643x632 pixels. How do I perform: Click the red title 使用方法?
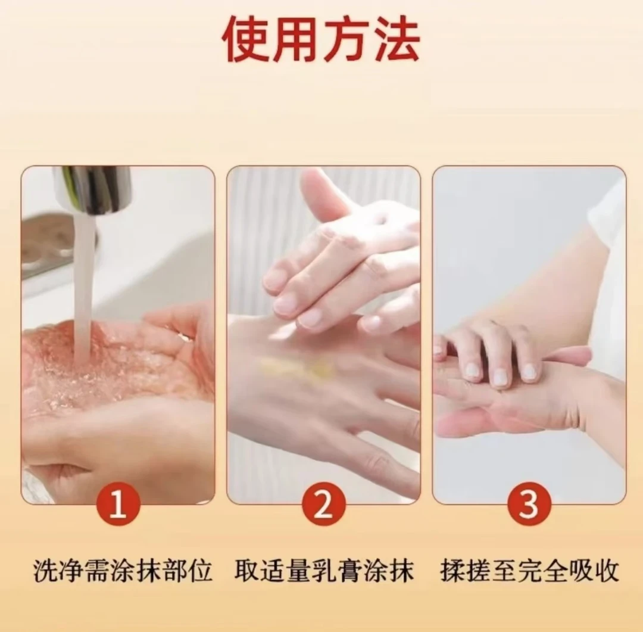pos(321,40)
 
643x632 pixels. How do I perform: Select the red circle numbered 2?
pos(323,505)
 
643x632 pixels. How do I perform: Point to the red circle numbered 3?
pos(528,505)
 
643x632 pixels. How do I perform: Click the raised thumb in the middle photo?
pos(321,191)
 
